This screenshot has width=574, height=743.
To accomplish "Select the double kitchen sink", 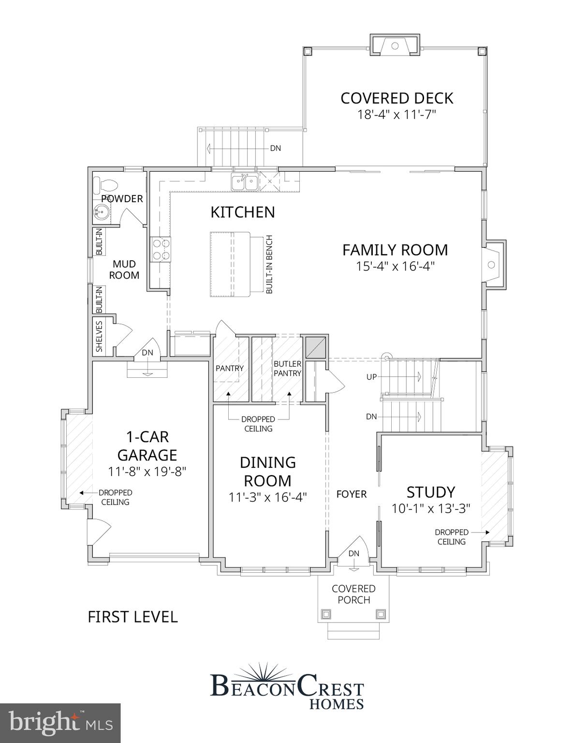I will coord(244,183).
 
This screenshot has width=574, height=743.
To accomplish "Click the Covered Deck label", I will coord(397,98).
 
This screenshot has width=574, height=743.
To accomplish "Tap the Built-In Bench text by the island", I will coord(269,264).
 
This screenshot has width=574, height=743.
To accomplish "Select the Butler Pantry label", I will coord(287,368).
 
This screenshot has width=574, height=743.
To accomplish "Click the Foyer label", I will coord(352,494).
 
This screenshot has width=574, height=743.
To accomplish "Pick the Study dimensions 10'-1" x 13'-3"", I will coord(430,509).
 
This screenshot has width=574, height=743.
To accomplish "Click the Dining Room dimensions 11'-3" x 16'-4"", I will coord(268,497).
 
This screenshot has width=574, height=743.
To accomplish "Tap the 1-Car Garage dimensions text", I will coord(147,472).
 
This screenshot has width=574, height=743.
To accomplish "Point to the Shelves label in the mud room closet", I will coord(99,336).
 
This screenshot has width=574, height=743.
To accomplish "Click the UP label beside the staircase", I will coord(371,377).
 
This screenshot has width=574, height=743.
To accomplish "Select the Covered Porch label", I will coord(353,594).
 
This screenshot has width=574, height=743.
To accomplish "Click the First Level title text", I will coord(132,617).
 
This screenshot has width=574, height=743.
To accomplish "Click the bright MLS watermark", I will coord(60,723).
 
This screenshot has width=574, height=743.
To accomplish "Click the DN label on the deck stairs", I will coord(275,149).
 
